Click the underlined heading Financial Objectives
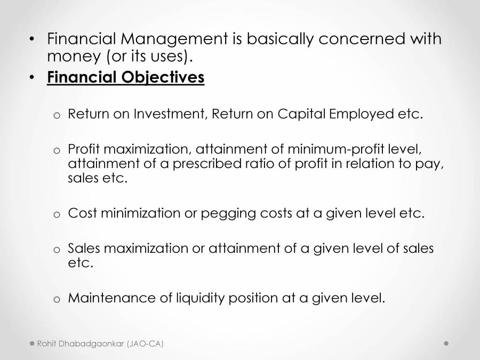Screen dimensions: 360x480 pos(125,77)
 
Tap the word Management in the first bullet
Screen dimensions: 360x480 pos(172,39)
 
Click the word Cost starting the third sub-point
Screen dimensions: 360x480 pos(83,213)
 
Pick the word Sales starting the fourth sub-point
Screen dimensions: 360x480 pos(84,249)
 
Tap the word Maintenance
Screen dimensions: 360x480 pos(111,298)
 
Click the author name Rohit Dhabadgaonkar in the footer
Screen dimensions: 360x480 pos(81,344)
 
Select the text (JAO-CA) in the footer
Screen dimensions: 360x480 pos(145,344)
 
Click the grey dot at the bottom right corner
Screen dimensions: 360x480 pos(446,343)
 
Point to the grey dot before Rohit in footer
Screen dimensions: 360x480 pos(32,343)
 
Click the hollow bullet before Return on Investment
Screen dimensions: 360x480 pos(57,115)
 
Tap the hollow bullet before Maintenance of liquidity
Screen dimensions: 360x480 pos(57,299)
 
